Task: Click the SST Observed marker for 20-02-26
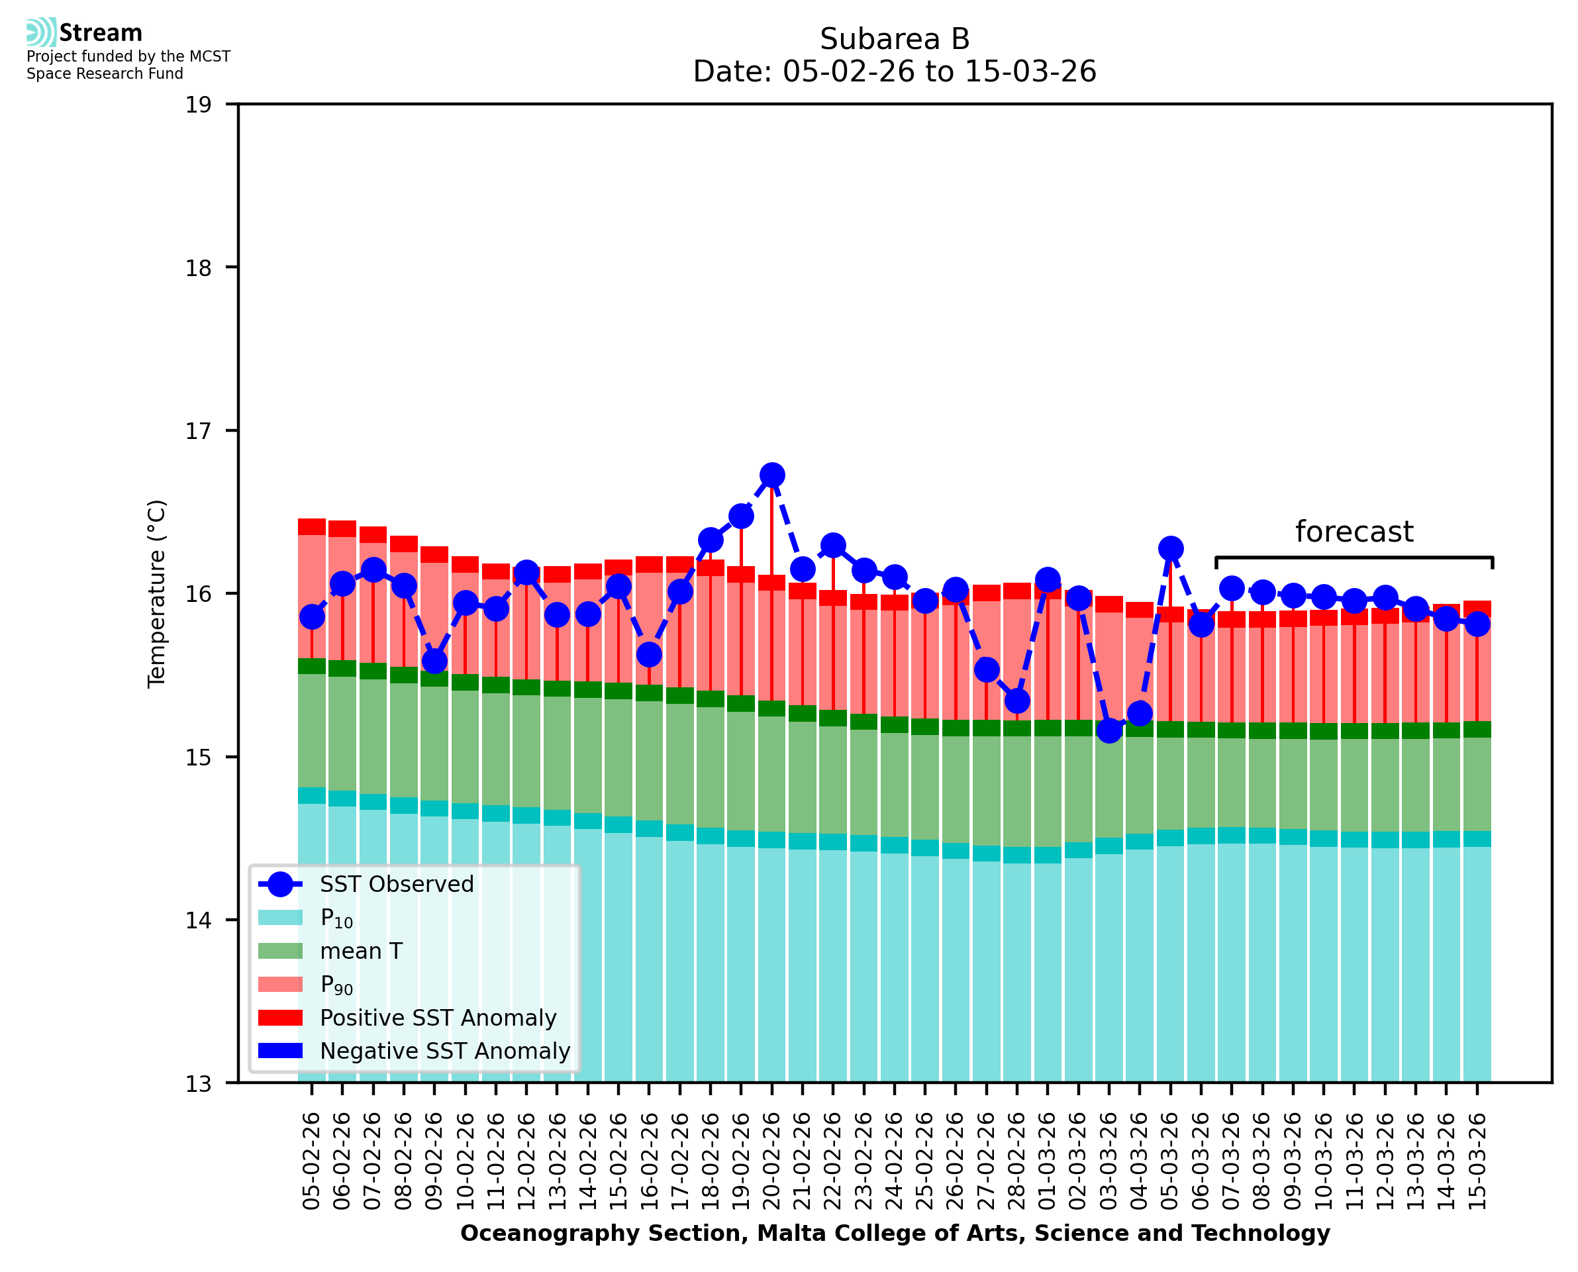(x=771, y=475)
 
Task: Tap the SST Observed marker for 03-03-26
(x=1109, y=730)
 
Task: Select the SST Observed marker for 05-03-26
(x=1171, y=548)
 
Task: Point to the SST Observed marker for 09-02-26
(x=434, y=661)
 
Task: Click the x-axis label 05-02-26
(x=311, y=1161)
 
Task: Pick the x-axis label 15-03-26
(x=1477, y=1161)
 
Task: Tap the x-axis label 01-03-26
(x=1048, y=1161)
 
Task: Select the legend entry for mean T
(x=361, y=951)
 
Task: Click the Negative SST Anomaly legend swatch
(x=281, y=1051)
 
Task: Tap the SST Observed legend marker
(x=281, y=885)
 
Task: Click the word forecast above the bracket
(x=1354, y=532)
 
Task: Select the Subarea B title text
(x=895, y=39)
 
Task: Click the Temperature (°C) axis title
(x=157, y=593)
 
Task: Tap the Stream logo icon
(x=41, y=32)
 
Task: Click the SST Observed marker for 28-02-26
(x=1017, y=701)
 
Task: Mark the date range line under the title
(x=895, y=72)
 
